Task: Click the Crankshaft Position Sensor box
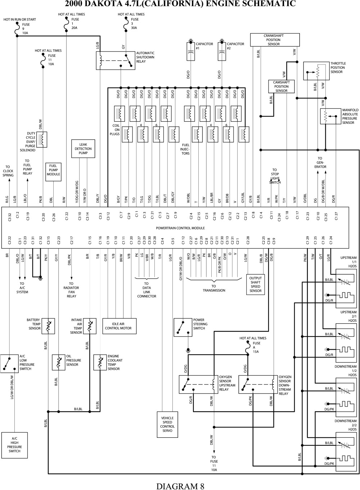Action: (274, 40)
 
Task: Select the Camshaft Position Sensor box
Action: (281, 86)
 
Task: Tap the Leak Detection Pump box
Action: (83, 149)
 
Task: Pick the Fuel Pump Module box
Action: (53, 172)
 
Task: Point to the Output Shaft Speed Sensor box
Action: (255, 284)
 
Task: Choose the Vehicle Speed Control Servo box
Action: (167, 424)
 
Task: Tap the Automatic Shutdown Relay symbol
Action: (115, 60)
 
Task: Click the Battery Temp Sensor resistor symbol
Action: (48, 324)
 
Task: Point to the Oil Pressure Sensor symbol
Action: (59, 362)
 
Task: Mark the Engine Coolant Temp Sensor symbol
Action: (100, 362)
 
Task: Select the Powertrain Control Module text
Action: (180, 228)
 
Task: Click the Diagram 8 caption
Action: (180, 486)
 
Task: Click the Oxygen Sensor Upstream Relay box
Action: (198, 385)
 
